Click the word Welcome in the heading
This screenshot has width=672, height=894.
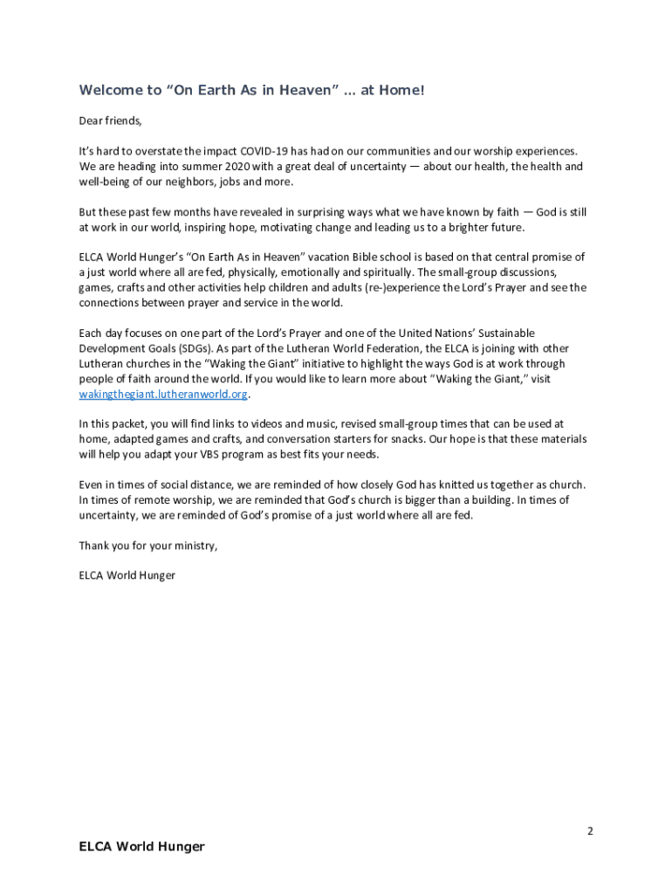pos(111,90)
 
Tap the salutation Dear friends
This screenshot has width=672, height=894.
pos(110,120)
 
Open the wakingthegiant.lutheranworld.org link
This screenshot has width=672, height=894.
pos(163,394)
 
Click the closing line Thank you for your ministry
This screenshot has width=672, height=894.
pos(147,545)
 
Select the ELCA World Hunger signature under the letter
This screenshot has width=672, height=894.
pos(127,575)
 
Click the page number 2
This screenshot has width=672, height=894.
pos(590,831)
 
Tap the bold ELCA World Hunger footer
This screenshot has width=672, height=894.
pos(141,846)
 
